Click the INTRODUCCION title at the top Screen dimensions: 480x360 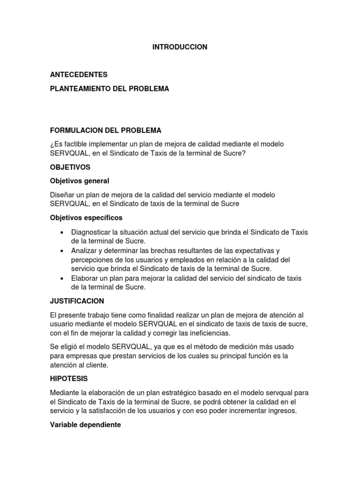pos(180,47)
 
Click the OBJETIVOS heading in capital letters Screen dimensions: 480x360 pos(70,167)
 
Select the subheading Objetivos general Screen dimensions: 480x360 pos(79,180)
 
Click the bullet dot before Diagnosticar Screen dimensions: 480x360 pos(62,232)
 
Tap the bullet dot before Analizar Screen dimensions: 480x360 pos(62,251)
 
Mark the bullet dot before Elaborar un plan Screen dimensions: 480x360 pos(62,278)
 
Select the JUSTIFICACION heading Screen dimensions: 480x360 pos(77,301)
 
